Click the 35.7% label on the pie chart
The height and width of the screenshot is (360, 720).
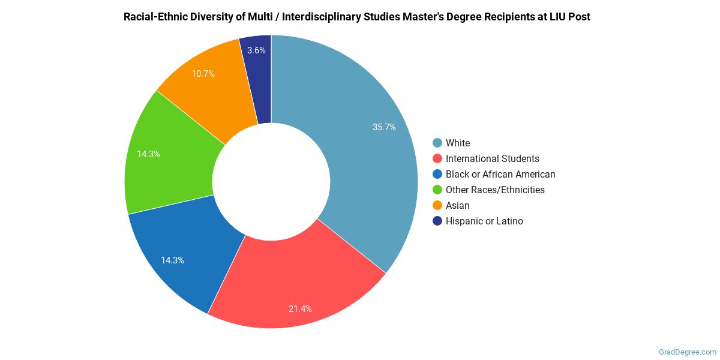pos(383,127)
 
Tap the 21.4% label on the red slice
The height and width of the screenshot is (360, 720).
pos(300,309)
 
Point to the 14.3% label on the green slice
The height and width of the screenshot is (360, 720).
pos(148,154)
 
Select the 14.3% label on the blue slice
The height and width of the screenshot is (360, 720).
pos(172,260)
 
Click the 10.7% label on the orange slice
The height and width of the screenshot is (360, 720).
pos(203,74)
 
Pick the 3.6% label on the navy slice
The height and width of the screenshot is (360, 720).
pos(256,50)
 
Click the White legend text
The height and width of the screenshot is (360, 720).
pos(458,143)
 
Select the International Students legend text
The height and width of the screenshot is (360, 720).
pos(492,159)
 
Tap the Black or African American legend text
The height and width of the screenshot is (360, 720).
pos(500,175)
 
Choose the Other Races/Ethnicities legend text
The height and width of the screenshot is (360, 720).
pos(495,190)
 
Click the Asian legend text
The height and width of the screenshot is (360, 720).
pos(458,206)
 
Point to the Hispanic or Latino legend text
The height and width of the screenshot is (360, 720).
pos(484,221)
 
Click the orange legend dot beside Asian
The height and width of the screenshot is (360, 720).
pos(437,206)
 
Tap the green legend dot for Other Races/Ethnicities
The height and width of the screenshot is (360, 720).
pos(437,190)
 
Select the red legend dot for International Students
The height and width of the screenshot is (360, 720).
pos(437,159)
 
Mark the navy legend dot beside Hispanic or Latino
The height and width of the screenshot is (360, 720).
pos(437,221)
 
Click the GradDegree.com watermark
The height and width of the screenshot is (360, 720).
pos(686,352)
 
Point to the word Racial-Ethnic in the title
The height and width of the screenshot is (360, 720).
pos(154,17)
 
